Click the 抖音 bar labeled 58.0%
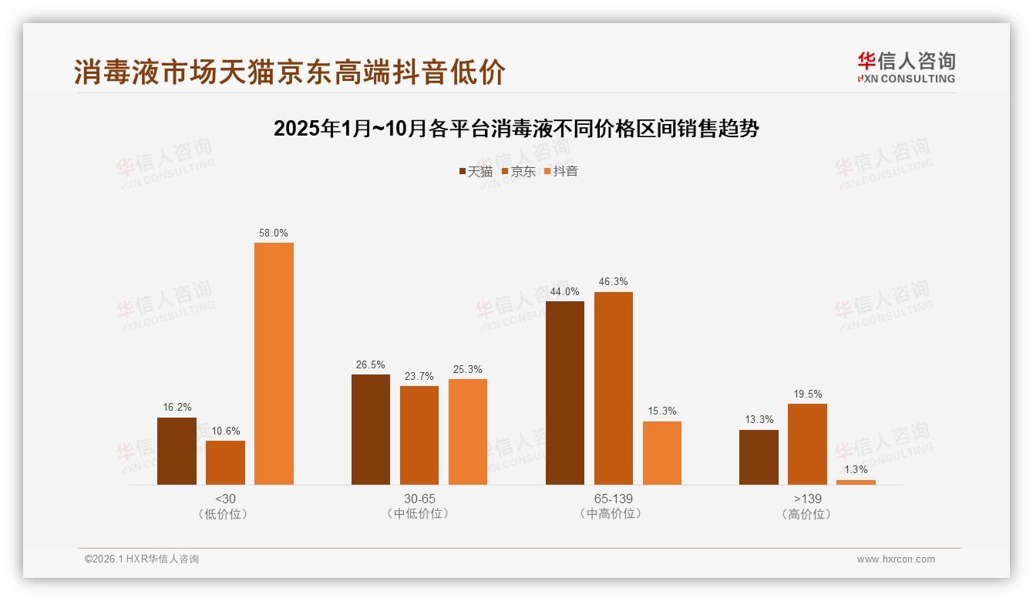274,364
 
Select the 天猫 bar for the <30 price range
177,451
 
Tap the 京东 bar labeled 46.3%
613,388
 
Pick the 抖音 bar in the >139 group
856,482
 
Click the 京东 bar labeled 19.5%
807,444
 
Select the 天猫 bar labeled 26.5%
371,429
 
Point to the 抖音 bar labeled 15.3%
661,453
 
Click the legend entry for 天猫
476,172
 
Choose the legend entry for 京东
519,172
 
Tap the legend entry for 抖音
561,172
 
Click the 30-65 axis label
419,499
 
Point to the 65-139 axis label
613,499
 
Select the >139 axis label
807,499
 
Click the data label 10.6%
225,431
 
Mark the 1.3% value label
856,470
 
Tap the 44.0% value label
564,292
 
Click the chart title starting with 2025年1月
516,129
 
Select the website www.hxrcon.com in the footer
896,559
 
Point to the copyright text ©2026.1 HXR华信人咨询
142,559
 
